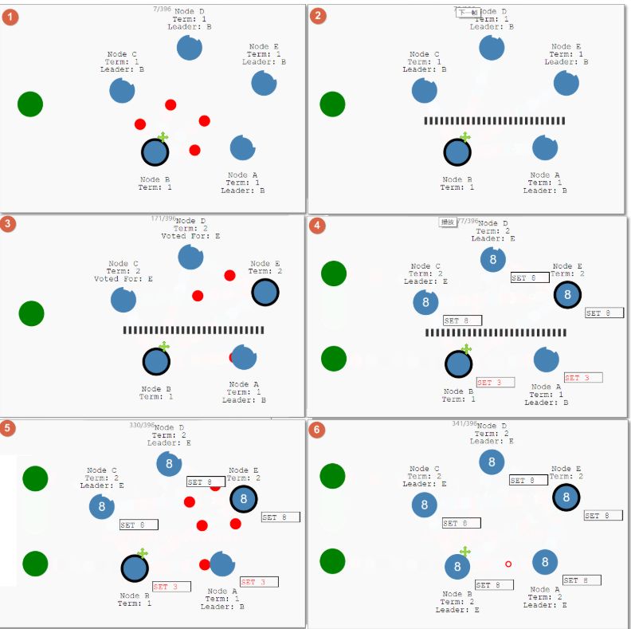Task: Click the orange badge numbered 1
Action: tap(10, 16)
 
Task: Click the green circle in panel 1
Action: tap(30, 104)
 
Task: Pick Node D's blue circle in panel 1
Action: tap(190, 48)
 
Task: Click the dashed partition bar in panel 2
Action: tap(494, 121)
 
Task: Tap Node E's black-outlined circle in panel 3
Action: tap(265, 293)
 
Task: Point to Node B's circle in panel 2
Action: tap(457, 152)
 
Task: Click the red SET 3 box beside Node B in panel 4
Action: tap(496, 383)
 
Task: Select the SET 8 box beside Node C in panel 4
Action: tap(462, 320)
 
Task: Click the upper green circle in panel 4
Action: tap(334, 273)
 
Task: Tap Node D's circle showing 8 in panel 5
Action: tap(169, 463)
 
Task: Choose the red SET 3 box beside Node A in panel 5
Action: tap(259, 582)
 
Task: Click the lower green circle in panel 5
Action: tap(35, 564)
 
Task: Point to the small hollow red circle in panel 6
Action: tap(508, 564)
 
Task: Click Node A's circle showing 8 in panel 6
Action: tap(545, 562)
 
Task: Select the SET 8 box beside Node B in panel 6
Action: tap(494, 585)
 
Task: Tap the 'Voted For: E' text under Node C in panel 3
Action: tap(123, 279)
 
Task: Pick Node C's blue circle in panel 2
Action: tap(425, 90)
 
